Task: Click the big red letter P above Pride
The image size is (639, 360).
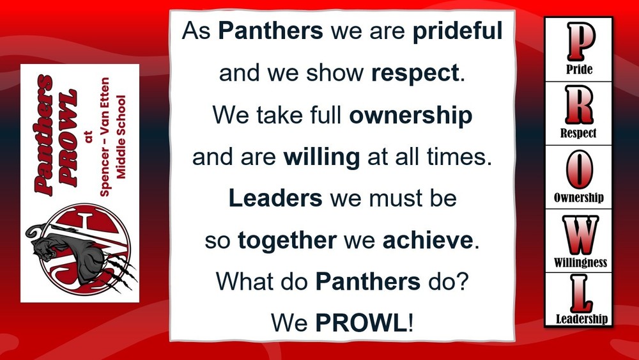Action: click(579, 43)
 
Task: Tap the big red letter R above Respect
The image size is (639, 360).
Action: click(579, 107)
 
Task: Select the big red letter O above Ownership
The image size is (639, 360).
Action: click(579, 171)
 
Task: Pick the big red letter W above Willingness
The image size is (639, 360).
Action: click(579, 236)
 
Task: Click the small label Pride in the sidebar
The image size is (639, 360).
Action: click(579, 70)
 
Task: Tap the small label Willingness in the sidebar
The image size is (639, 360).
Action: click(579, 263)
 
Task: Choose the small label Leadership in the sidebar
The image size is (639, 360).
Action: click(579, 319)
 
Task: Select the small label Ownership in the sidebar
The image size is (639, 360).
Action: click(579, 198)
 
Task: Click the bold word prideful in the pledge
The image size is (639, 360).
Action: click(458, 31)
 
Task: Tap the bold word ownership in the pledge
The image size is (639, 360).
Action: click(411, 115)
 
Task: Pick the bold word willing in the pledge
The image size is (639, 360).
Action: click(321, 157)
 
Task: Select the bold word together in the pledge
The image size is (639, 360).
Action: click(287, 240)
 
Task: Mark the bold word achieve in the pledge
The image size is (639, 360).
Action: click(428, 240)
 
